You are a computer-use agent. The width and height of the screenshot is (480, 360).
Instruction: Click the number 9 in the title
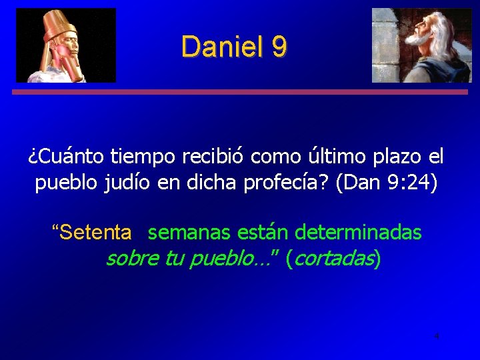pos(279,47)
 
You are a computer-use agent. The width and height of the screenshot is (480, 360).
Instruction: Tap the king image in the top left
pos(66,45)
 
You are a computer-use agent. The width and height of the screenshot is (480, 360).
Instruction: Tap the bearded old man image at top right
pos(421,45)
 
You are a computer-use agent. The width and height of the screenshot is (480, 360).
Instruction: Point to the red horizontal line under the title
pos(240,93)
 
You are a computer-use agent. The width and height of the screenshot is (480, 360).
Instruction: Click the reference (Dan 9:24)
pos(387,183)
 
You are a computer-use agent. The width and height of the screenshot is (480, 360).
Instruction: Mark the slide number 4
pos(437,336)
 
